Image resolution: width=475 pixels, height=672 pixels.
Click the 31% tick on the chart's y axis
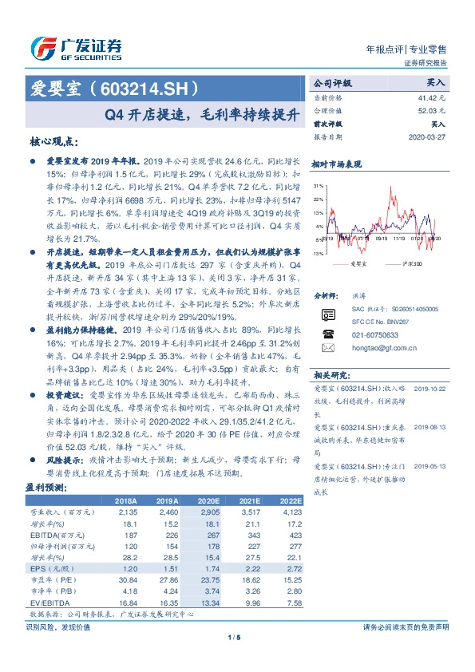tap(319, 185)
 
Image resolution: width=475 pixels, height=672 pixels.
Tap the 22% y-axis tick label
tap(319, 199)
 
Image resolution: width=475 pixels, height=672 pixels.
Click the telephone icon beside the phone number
tap(327, 334)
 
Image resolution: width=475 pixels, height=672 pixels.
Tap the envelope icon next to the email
tap(327, 347)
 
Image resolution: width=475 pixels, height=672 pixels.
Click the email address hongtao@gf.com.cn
tap(380, 347)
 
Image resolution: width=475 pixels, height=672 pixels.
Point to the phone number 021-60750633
tap(376, 334)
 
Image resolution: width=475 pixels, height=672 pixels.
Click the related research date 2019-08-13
tap(432, 427)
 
